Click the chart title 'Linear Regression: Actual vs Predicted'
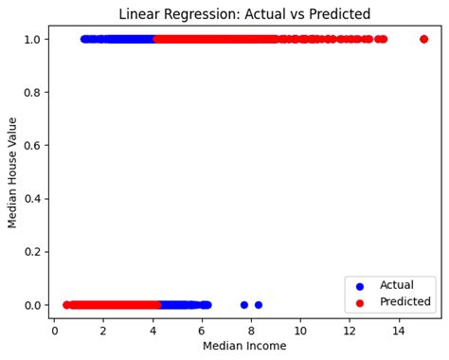(244, 14)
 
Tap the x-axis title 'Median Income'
(244, 346)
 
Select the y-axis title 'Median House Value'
(13, 172)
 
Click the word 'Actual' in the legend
(396, 284)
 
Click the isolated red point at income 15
(423, 39)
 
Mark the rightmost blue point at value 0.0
(259, 305)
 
